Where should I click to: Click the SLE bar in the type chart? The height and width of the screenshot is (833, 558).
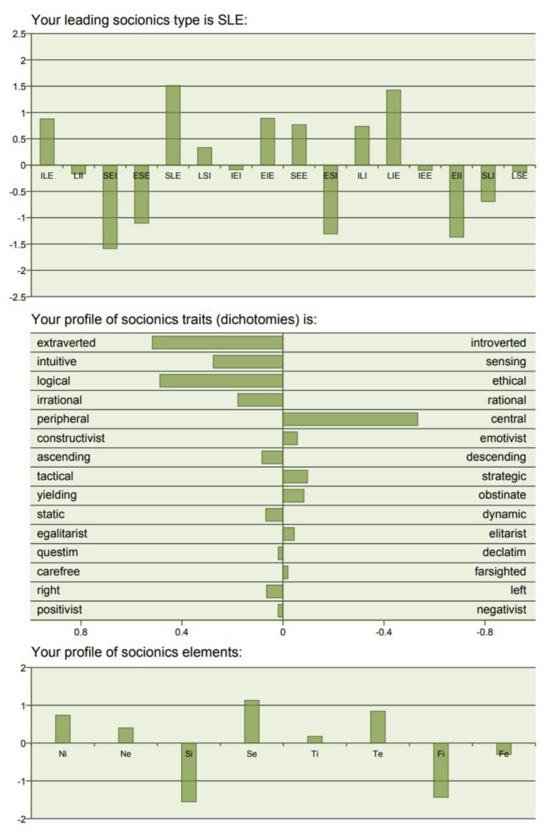tap(173, 125)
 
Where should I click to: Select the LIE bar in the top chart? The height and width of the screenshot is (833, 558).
tap(393, 127)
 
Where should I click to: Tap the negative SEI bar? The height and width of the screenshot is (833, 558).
tap(110, 207)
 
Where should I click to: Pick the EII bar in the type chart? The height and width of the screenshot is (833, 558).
tap(457, 201)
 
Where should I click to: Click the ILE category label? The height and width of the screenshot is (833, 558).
tap(47, 176)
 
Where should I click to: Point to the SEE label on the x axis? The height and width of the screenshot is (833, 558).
tap(299, 176)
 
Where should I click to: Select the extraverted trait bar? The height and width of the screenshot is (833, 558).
tap(217, 343)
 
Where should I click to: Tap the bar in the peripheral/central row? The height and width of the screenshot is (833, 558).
tap(350, 419)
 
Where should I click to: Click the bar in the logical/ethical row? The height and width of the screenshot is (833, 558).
tap(221, 381)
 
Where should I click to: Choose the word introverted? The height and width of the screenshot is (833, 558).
tap(498, 343)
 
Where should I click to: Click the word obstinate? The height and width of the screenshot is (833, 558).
tap(502, 495)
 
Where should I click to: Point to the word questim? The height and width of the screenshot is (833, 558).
tap(57, 552)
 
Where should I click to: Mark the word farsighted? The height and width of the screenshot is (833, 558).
tap(500, 571)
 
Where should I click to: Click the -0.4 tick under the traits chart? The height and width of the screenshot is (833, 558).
tap(384, 632)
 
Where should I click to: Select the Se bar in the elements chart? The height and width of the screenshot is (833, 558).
tap(252, 722)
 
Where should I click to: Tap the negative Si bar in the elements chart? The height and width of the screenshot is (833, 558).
tap(189, 772)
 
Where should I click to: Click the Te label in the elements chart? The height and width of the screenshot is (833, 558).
tap(378, 754)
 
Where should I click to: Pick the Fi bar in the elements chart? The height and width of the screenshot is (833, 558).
tap(441, 770)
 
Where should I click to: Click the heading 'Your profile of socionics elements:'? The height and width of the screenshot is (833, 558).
tap(137, 652)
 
